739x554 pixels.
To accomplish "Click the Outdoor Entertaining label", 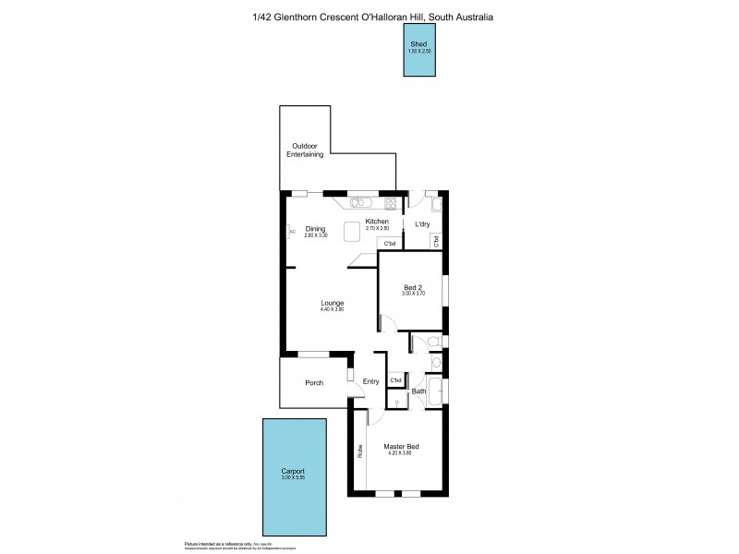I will point(308,151).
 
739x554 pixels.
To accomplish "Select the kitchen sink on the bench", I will point(361,203).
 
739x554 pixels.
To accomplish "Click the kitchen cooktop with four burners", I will point(391,203).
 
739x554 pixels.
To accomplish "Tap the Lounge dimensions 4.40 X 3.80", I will point(333,310).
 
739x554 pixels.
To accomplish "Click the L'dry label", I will point(422,224).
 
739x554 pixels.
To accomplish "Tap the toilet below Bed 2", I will point(430,343).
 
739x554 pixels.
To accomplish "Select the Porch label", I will point(313,382).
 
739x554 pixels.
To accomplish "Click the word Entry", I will point(370,382).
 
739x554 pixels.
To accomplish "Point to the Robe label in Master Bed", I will point(359,452).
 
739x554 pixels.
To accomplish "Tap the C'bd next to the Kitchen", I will point(389,244).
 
